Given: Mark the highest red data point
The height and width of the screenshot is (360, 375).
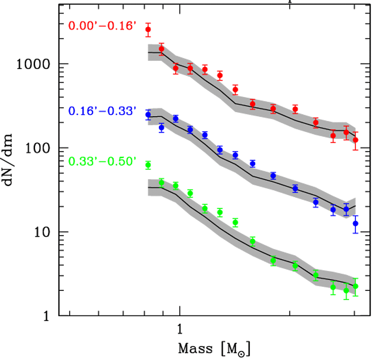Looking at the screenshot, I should [148, 30].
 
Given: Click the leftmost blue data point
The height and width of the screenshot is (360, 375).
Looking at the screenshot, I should [148, 114].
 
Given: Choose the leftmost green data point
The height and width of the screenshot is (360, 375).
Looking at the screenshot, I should [148, 165].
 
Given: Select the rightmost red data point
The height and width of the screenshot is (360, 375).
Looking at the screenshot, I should [355, 140].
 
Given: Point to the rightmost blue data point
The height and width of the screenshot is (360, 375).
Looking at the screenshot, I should [355, 223].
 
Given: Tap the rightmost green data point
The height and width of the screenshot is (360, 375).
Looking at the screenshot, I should [355, 286].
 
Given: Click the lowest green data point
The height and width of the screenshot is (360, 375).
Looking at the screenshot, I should [346, 291].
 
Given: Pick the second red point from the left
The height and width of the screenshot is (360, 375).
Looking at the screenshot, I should [161, 49].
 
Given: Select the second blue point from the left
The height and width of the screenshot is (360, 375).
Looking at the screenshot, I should [161, 127].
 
